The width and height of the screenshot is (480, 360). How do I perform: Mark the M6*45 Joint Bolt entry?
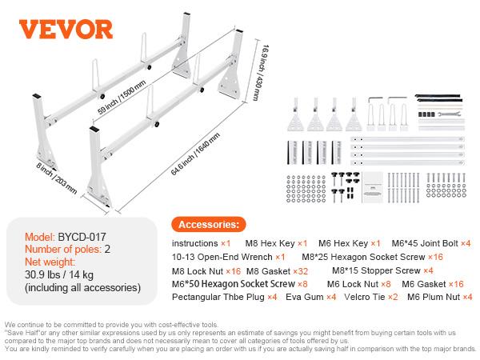point(436,243)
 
